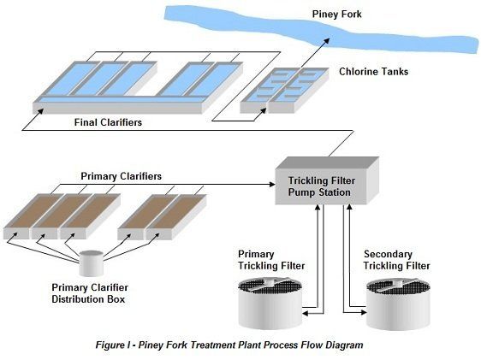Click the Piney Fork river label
click(x=336, y=15)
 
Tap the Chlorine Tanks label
click(x=373, y=72)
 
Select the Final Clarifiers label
click(x=108, y=122)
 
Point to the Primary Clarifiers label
click(x=121, y=176)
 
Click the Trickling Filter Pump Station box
click(x=327, y=180)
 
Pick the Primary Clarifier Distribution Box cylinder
click(x=91, y=263)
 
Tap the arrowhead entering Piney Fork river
click(x=326, y=41)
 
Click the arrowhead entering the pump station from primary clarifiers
click(x=272, y=184)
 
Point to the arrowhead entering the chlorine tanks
click(x=263, y=110)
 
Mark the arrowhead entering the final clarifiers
click(x=40, y=111)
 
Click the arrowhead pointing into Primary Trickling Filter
click(x=306, y=313)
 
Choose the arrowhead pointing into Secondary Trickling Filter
click(x=364, y=312)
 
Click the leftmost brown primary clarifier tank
click(x=33, y=215)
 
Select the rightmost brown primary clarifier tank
click(x=176, y=216)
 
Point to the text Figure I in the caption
click(x=113, y=345)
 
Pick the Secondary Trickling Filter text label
click(x=396, y=260)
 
